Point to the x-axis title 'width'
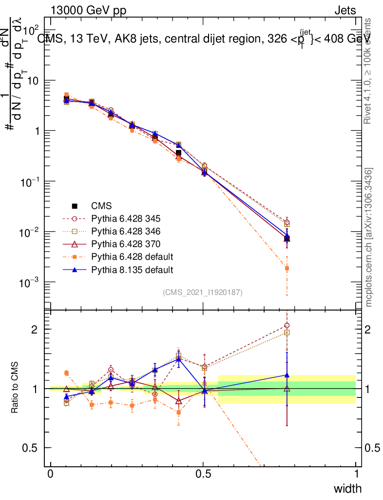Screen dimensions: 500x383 347,488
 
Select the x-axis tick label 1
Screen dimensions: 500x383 356,474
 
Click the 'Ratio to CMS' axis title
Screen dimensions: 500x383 16,388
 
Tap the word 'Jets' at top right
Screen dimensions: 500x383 345,11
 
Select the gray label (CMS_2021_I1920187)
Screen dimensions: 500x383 203,292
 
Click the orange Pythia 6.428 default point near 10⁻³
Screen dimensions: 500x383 287,268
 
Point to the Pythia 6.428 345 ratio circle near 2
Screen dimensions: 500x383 287,325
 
